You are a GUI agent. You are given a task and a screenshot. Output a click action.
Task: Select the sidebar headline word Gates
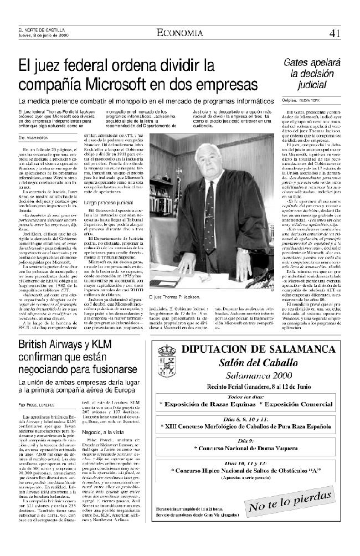(x=299, y=63)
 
